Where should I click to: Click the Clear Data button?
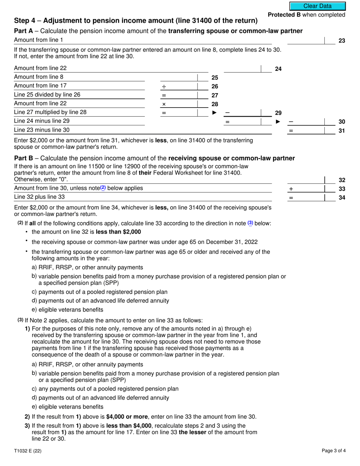[318, 6]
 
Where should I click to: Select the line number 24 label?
[278, 69]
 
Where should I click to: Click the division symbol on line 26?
[164, 87]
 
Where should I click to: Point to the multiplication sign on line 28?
[164, 104]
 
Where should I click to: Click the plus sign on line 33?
[291, 189]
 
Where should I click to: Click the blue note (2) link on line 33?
[103, 188]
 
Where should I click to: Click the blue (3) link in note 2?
[250, 223]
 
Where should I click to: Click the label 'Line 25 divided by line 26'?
[47, 95]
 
